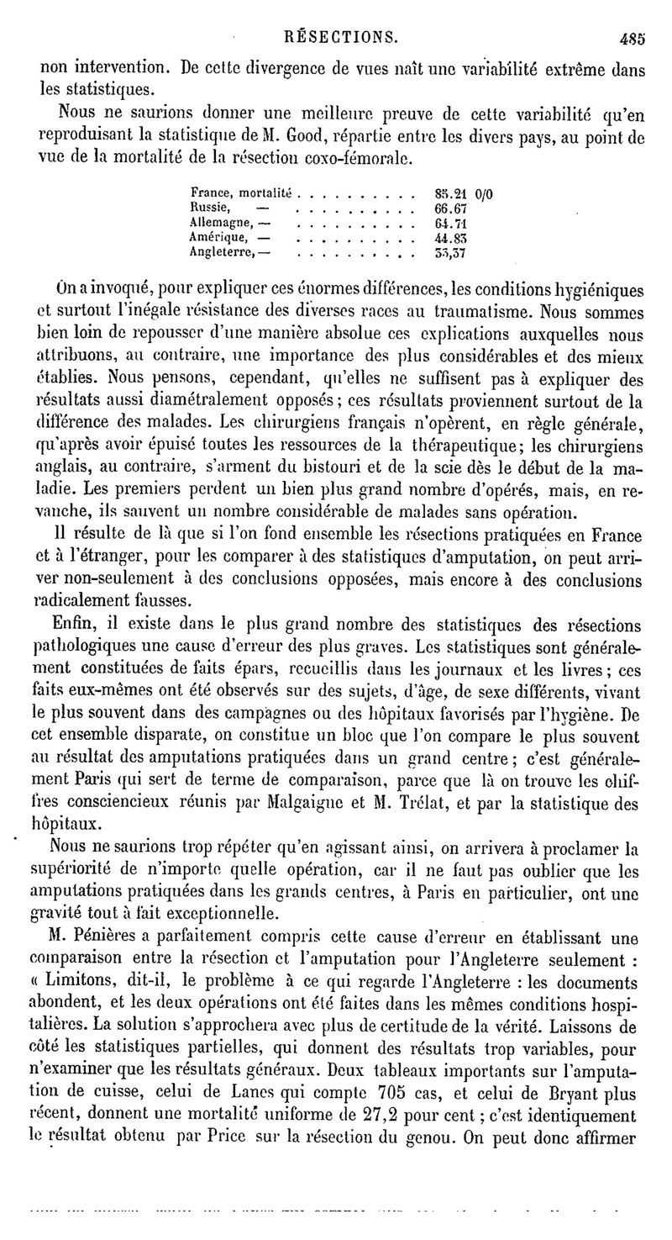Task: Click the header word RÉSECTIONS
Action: point(342,38)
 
